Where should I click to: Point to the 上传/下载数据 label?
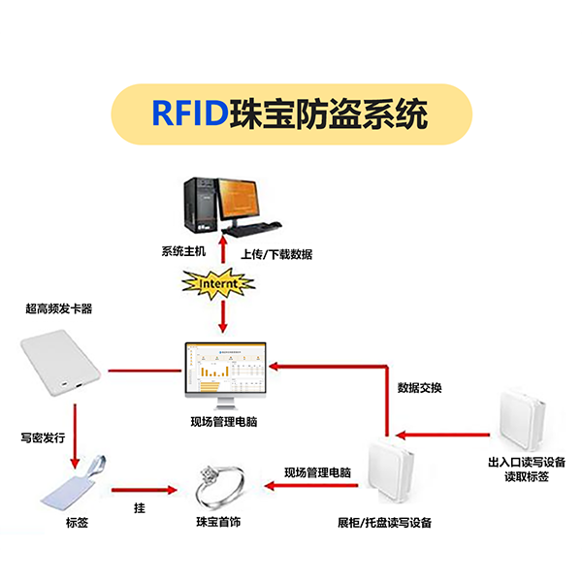[x=276, y=254]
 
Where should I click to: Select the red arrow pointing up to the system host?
[x=224, y=247]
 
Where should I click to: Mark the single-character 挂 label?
[x=140, y=508]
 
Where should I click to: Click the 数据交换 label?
[x=420, y=388]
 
